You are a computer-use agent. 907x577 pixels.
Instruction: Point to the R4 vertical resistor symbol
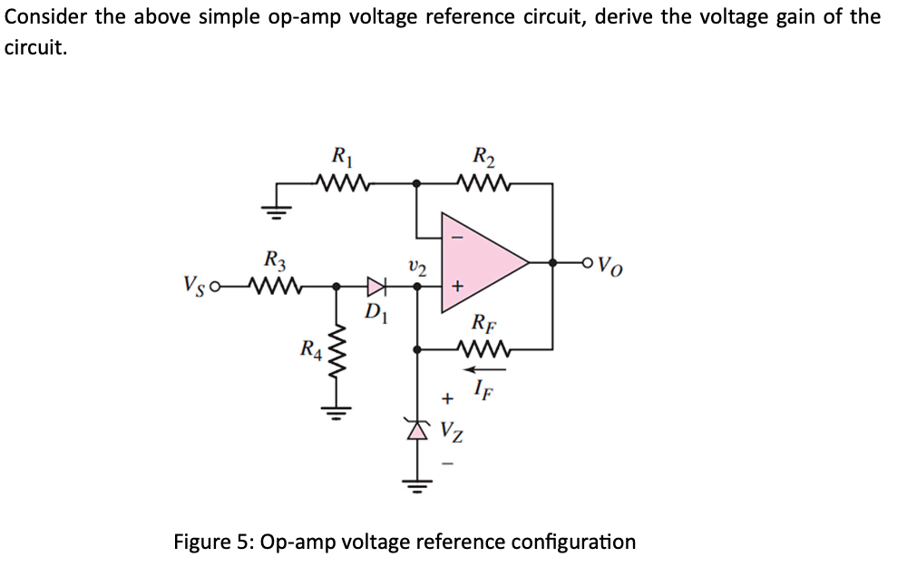337,348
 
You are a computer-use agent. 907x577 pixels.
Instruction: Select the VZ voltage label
455,432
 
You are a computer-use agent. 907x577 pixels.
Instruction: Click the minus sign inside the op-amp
458,238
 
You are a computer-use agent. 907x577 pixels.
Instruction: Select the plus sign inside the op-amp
458,287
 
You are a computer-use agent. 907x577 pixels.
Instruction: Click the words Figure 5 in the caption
213,543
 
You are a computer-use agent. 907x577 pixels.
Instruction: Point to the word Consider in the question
44,16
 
